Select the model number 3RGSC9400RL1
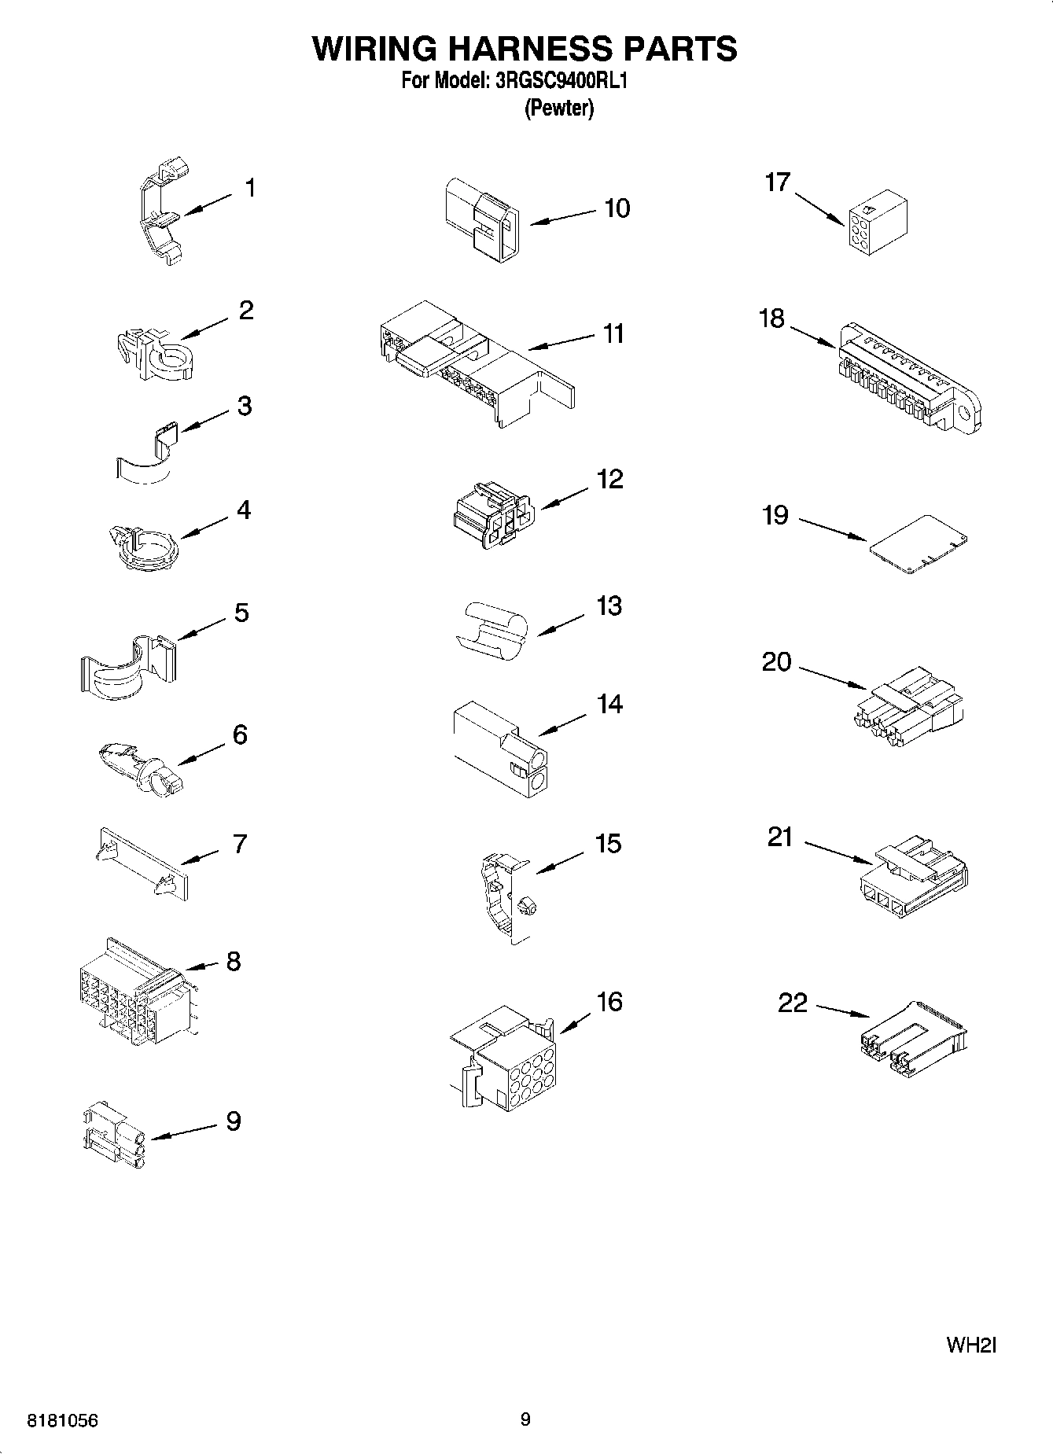click(560, 81)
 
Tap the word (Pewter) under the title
click(559, 108)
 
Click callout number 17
click(777, 182)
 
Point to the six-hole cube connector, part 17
click(878, 223)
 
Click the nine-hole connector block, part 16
click(507, 1057)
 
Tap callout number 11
click(613, 333)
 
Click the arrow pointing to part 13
click(561, 624)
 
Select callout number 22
click(793, 1003)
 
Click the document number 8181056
click(63, 1420)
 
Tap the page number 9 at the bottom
click(525, 1419)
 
